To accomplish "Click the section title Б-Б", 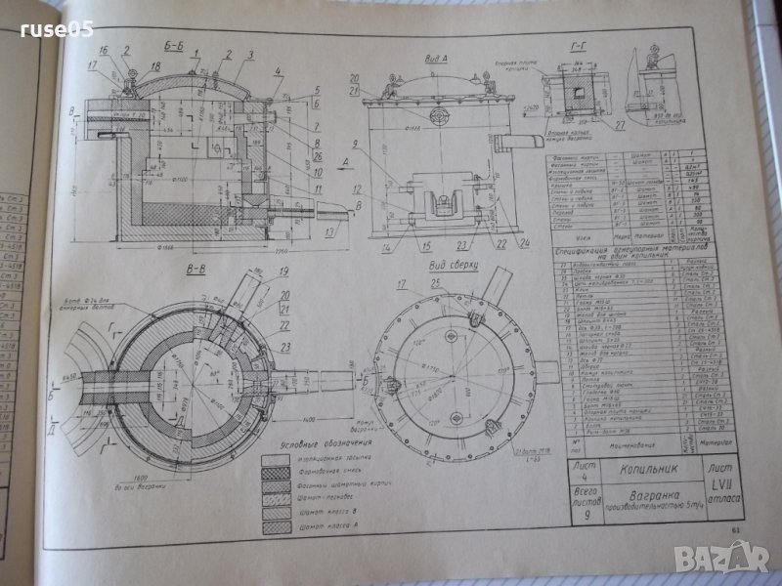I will point(173,44).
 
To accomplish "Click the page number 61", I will point(736,530).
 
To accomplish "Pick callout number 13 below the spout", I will point(328,232).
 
